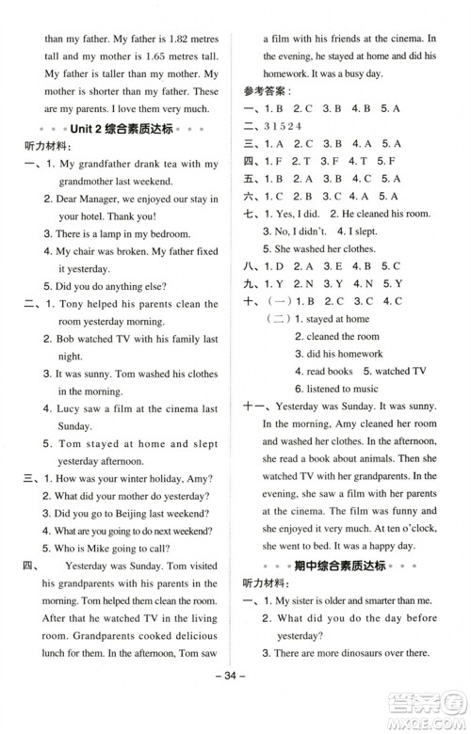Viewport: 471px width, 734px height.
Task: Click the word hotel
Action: [x=92, y=215]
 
